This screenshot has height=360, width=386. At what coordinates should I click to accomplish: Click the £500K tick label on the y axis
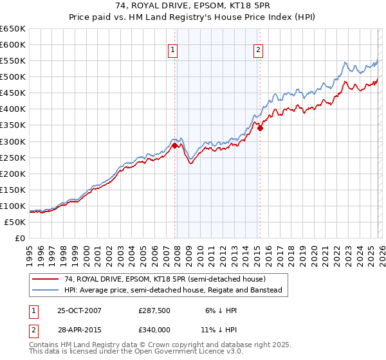(x=13, y=77)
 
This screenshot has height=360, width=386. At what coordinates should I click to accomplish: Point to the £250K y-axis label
(x=13, y=157)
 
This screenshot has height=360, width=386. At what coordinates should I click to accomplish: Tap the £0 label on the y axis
(x=19, y=238)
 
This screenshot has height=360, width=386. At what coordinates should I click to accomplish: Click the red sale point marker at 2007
(x=174, y=145)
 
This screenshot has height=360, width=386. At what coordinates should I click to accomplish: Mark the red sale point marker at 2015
(x=260, y=129)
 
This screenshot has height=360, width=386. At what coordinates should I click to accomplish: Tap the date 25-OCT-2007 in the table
(x=79, y=310)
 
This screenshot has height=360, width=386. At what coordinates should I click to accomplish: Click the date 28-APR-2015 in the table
(x=79, y=329)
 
